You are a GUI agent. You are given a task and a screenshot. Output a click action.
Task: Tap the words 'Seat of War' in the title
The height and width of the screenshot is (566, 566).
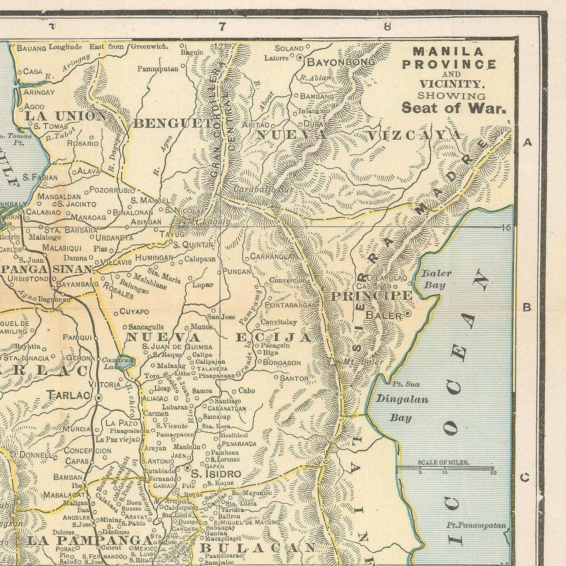[453, 108]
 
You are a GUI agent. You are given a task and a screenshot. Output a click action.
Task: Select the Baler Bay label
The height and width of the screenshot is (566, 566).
[436, 279]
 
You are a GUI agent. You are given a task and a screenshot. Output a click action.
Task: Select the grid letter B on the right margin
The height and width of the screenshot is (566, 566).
[527, 307]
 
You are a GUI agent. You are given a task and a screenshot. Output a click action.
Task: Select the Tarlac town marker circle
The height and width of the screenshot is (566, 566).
[99, 397]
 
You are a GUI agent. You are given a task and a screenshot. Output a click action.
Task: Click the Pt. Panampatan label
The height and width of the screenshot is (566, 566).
[476, 525]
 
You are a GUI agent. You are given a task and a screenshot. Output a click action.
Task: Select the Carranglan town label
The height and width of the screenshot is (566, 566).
[274, 257]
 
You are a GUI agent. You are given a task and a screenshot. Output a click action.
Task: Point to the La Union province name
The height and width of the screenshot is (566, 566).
[65, 116]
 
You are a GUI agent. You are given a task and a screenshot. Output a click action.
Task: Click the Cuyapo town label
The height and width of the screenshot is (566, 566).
[134, 312]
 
